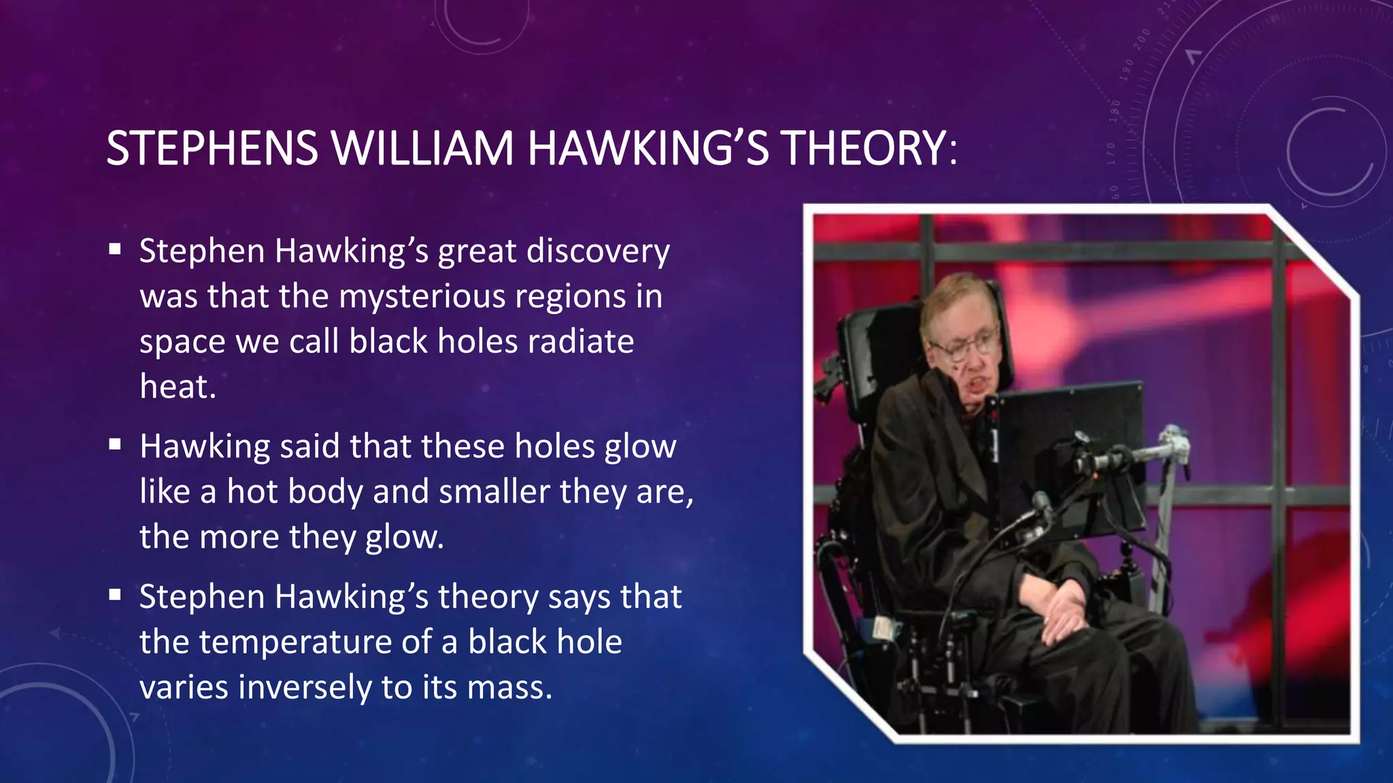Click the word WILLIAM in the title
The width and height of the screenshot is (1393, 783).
click(x=422, y=148)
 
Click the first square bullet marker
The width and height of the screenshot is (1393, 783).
click(x=114, y=249)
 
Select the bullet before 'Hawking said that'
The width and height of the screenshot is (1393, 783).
click(x=114, y=445)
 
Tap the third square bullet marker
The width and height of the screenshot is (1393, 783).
click(x=114, y=595)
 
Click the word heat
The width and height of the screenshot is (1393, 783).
click(x=177, y=387)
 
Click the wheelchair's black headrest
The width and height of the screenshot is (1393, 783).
click(x=877, y=353)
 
